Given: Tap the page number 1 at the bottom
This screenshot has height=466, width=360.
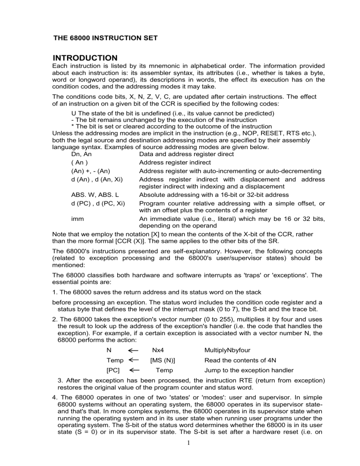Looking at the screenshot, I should [x=180, y=457].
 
